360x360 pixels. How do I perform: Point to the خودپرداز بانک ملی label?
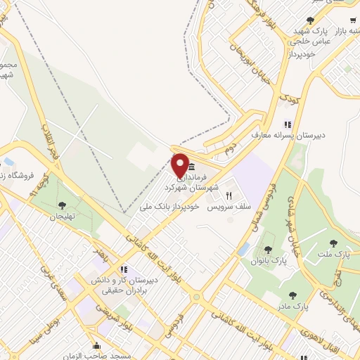[170, 207]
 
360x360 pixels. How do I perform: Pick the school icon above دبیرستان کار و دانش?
[123, 269]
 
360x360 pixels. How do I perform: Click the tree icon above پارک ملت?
[333, 243]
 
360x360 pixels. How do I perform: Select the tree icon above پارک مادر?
[292, 295]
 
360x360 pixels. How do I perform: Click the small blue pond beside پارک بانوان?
[244, 249]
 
